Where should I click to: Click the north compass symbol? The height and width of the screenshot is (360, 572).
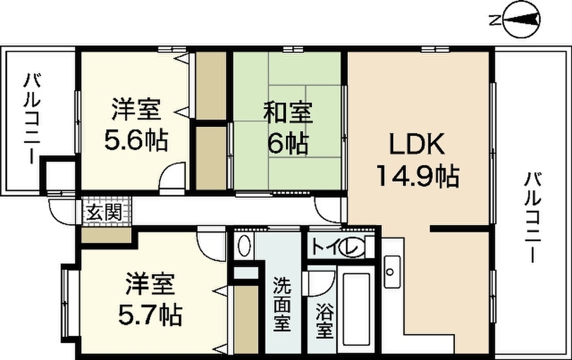coord(521,20)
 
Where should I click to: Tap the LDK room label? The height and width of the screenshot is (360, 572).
coord(417,145)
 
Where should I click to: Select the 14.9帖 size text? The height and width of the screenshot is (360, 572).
coord(417,176)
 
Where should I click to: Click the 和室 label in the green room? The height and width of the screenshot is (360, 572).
coord(288,112)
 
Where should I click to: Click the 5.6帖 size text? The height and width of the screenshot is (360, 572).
coord(136,140)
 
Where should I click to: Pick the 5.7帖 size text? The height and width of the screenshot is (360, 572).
coord(150,315)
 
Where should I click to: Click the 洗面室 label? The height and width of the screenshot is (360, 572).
coord(282,304)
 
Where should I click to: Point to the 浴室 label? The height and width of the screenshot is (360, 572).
coord(325,321)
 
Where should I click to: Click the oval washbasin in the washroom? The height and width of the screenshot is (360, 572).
coord(244,245)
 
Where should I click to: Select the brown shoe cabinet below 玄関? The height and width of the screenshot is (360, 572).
coord(106,236)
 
